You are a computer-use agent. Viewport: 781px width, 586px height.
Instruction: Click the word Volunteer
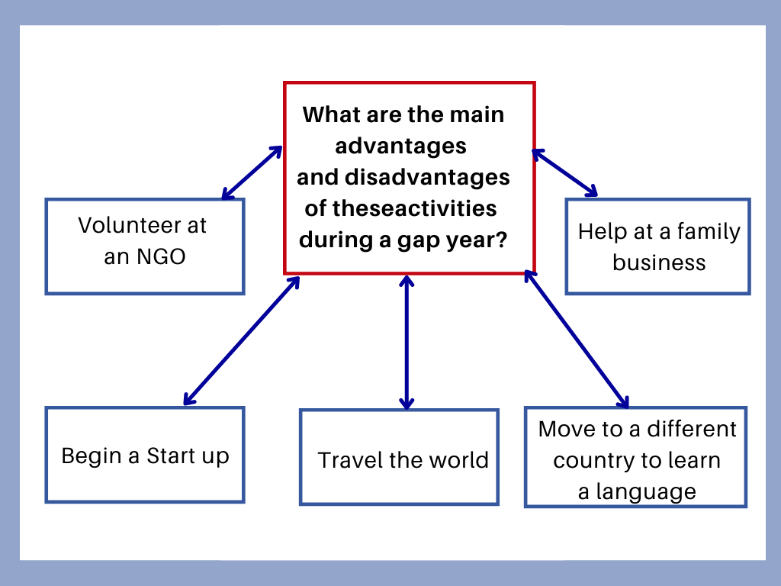pos(130,225)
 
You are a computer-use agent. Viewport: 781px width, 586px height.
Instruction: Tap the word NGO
pos(161,256)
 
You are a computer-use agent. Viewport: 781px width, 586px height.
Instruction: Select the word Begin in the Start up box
pos(92,456)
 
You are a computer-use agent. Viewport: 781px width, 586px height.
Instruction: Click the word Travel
pos(352,460)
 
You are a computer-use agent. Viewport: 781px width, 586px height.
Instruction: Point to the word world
pos(458,460)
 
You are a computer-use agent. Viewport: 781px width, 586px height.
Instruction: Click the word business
pos(659,262)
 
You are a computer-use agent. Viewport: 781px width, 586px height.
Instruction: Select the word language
pos(645,492)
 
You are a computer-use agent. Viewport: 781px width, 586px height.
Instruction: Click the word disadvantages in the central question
pos(427,177)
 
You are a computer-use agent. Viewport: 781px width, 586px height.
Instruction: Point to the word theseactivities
pos(414,208)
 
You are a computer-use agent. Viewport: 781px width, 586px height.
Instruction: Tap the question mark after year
pos(502,239)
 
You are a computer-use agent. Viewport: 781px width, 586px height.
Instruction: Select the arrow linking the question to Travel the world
pos(407,343)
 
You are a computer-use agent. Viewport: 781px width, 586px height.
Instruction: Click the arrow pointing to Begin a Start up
pos(242,341)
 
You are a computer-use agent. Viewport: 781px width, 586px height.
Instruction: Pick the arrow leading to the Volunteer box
pos(252,172)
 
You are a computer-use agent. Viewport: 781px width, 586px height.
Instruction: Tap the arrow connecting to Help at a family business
pos(564,172)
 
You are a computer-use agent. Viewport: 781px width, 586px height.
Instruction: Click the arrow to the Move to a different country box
pos(577,340)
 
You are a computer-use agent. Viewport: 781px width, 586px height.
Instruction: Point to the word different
pos(691,429)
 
